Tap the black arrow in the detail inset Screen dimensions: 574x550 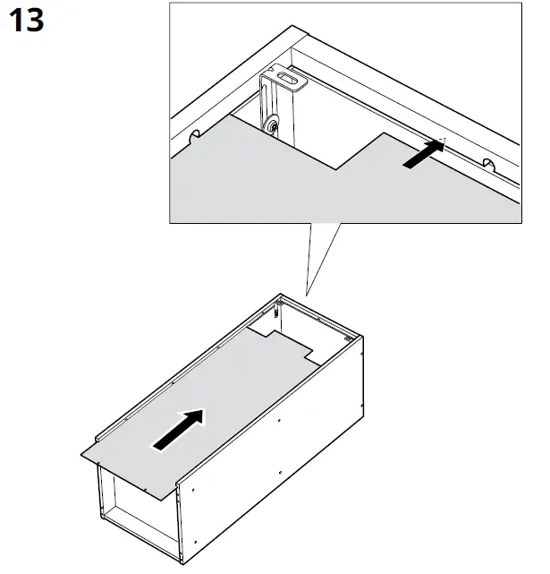click(422, 154)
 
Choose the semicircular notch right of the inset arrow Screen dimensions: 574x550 click(487, 163)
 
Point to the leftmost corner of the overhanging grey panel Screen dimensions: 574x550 click(81, 453)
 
